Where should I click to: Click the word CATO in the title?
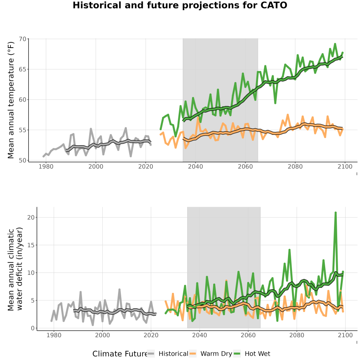[274, 5]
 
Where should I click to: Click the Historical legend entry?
[168, 354]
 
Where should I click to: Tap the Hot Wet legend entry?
[252, 354]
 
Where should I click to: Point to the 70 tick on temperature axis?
[23, 39]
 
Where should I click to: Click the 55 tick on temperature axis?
[23, 130]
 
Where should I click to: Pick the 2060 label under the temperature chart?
[245, 166]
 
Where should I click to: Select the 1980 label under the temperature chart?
[46, 166]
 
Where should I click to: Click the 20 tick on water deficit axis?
[31, 217]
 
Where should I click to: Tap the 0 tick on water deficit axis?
[33, 328]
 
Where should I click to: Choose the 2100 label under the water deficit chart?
[345, 335]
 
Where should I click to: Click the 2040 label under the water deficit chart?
[200, 335]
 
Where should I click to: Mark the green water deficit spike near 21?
[336, 213]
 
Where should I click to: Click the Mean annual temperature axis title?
[11, 100]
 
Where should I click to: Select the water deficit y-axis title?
[15, 269]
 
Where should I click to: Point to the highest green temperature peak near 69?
[335, 44]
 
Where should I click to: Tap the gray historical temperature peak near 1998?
[91, 129]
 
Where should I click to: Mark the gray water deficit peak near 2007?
[119, 290]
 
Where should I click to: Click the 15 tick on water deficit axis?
[31, 245]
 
